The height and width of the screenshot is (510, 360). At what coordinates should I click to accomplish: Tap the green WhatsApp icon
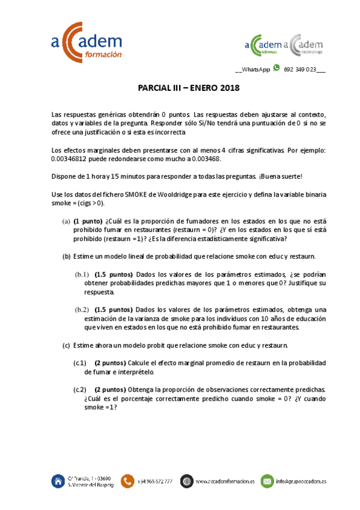pos(276,69)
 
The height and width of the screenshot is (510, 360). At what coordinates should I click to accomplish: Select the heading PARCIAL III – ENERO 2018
pos(189,88)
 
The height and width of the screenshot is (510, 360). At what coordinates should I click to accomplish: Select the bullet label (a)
pos(66,221)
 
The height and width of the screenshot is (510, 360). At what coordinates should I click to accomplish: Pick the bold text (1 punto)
pos(88,221)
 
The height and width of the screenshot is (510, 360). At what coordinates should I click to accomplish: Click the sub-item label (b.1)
pos(82,274)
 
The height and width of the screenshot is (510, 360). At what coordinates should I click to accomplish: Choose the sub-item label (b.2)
pos(82,310)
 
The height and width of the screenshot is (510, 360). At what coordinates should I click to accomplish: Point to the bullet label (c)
pos(66,345)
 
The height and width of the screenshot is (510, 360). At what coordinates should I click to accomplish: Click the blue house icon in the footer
pos(58,481)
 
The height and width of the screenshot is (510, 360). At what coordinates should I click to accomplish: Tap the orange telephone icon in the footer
pos(127,481)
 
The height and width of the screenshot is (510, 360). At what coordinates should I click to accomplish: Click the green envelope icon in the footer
pos(267,481)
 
